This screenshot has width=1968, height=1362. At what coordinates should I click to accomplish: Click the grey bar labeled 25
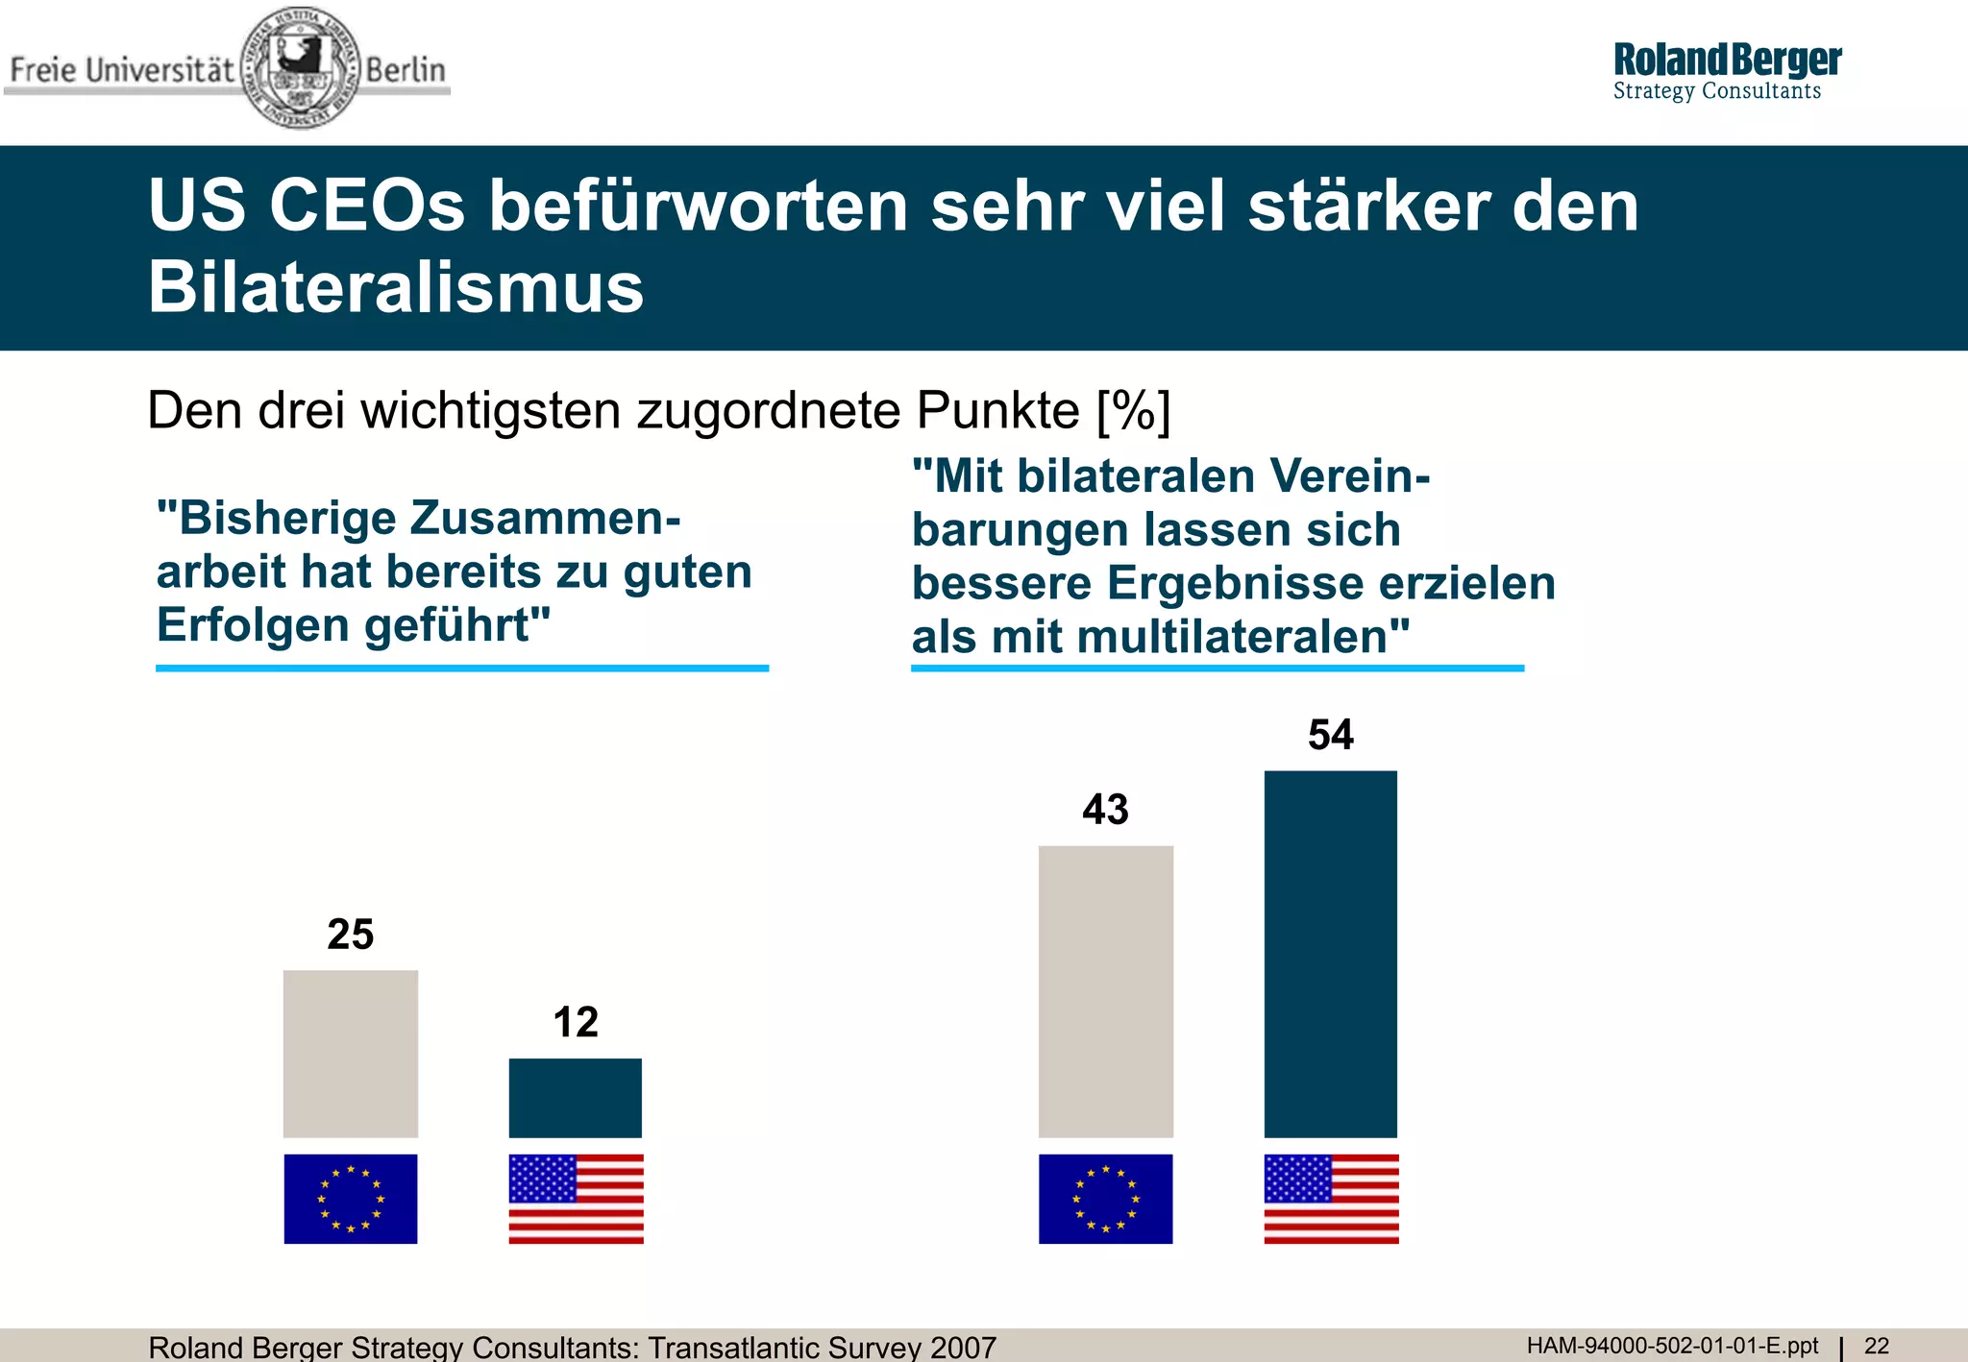tap(351, 1054)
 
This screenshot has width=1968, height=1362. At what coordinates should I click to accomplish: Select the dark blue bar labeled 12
tap(575, 1098)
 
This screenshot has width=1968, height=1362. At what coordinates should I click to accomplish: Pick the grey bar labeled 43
tap(1105, 991)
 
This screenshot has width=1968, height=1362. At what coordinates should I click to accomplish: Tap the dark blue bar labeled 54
tap(1330, 954)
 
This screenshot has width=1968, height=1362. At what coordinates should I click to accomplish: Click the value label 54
tap(1330, 735)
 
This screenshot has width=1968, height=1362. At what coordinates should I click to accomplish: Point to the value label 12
tap(575, 1022)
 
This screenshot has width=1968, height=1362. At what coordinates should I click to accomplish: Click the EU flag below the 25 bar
tap(351, 1199)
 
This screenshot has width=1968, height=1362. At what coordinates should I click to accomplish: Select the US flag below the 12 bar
tap(576, 1199)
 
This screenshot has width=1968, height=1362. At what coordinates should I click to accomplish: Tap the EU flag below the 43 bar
tap(1105, 1199)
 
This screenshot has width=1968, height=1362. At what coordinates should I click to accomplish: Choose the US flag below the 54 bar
tap(1331, 1199)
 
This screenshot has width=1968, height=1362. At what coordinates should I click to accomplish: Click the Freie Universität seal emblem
tap(300, 67)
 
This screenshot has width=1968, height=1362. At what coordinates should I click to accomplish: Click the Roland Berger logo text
tap(1727, 61)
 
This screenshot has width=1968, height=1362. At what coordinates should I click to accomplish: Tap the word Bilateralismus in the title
tap(395, 287)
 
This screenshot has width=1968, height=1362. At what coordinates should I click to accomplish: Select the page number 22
tap(1877, 1346)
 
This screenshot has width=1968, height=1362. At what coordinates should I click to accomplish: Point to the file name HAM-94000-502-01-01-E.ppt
tap(1672, 1346)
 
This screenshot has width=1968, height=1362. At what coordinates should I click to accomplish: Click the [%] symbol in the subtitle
tap(1133, 411)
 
